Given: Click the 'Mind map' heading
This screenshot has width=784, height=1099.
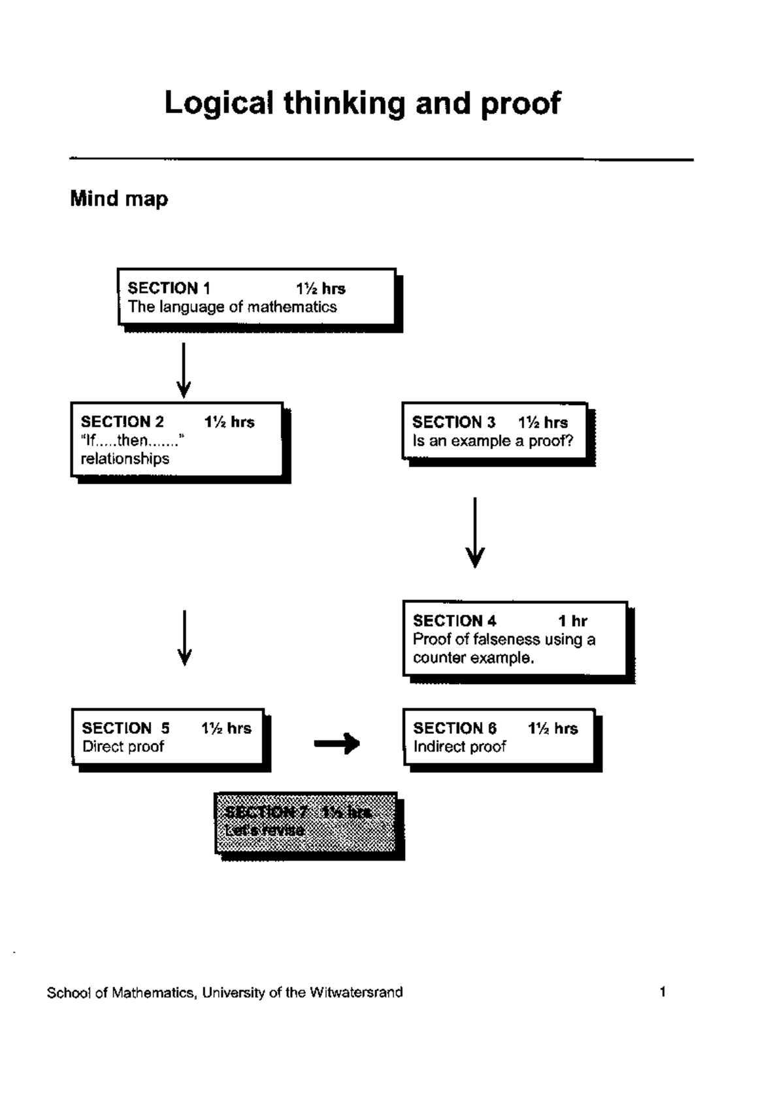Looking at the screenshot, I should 119,198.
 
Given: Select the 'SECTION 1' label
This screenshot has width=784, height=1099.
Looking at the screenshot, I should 169,288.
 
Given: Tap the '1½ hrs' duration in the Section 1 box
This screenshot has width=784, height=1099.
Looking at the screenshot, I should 320,289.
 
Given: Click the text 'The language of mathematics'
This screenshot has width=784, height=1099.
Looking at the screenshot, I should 232,307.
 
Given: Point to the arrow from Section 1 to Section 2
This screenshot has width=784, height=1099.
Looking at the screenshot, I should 184,370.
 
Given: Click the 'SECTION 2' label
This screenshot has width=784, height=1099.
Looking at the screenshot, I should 122,422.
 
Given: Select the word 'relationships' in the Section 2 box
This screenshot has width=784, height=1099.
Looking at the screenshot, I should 125,459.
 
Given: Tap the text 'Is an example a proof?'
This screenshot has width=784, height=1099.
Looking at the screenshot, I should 493,441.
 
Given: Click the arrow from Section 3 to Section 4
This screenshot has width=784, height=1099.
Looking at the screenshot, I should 475,533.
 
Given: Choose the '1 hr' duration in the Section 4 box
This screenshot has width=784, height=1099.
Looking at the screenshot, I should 572,621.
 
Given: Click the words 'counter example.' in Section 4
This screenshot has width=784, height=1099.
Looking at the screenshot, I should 473,658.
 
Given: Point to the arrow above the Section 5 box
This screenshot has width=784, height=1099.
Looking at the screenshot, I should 185,638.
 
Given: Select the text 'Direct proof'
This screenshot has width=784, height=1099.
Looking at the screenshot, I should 123,747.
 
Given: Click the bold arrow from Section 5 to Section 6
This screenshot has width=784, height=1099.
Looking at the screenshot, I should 337,743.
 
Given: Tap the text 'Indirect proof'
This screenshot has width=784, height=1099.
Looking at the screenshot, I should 459,747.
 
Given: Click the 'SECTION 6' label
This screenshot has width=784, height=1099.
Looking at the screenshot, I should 455,729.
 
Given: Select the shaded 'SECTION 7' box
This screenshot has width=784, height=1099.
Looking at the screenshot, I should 306,823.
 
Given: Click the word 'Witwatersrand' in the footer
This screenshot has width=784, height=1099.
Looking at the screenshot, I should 356,992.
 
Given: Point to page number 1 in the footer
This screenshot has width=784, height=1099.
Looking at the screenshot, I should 662,992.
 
